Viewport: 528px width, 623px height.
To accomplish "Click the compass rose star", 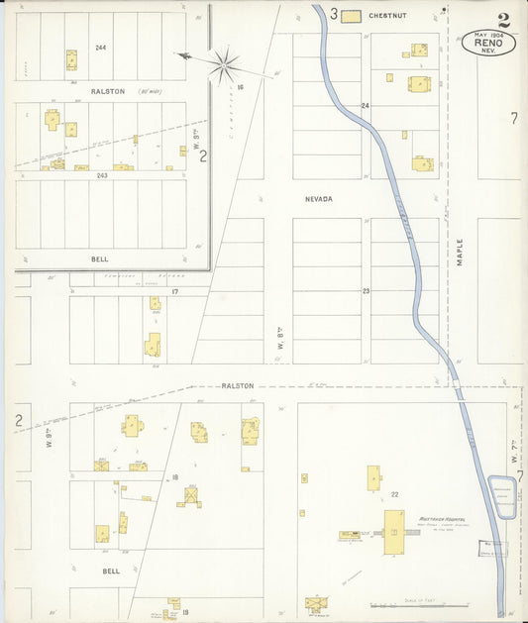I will (225, 66).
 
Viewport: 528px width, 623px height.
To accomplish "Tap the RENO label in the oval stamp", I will (488, 44).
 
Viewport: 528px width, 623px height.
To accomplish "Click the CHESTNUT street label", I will (388, 16).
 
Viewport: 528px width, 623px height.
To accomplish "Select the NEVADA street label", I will (318, 199).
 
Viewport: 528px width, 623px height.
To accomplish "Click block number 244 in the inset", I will (100, 48).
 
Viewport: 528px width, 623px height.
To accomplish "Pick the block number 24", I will (365, 105).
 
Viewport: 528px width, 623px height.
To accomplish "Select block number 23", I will (365, 290).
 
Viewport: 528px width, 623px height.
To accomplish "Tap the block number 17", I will (174, 291).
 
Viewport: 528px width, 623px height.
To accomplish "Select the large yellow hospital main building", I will (393, 532).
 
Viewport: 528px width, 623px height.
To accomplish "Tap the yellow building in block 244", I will (71, 60).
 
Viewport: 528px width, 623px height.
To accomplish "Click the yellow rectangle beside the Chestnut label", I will (350, 16).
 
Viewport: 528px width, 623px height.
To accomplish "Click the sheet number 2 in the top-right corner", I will (505, 19).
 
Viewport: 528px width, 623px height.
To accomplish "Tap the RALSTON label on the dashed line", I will (238, 385).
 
